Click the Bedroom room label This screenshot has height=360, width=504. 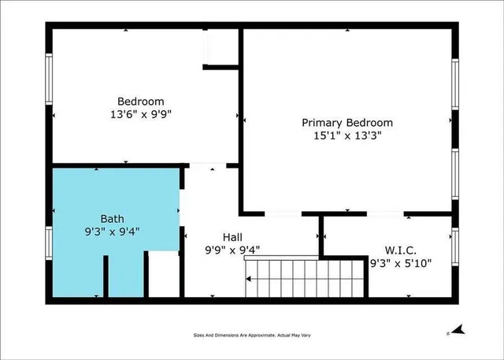(141, 101)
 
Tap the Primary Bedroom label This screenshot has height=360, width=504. (347, 123)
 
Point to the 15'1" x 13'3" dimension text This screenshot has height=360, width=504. (347, 135)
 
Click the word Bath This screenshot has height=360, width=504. (112, 218)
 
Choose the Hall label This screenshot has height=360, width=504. (232, 237)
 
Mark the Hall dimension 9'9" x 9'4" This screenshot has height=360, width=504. (232, 250)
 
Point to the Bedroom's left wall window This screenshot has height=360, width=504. (49, 80)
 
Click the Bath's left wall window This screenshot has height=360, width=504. (49, 243)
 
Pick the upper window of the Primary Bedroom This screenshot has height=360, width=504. (454, 85)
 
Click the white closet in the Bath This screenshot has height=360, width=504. (165, 274)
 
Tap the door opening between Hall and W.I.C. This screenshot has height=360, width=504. (322, 236)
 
